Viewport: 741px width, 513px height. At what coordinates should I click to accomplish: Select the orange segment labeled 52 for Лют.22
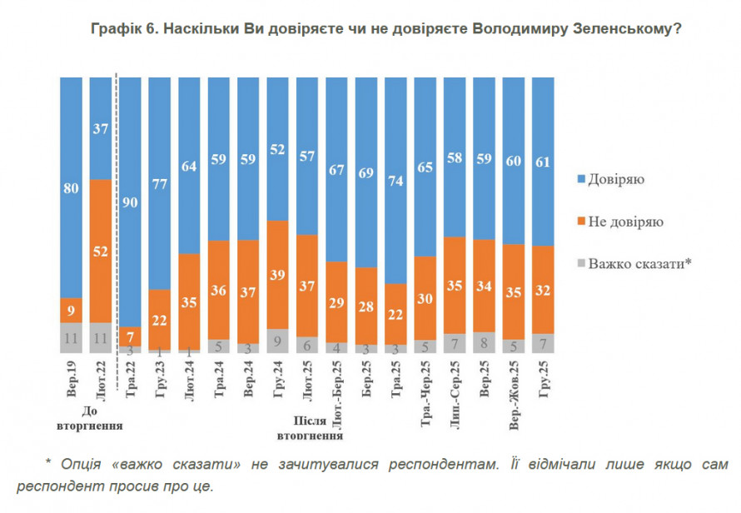101,251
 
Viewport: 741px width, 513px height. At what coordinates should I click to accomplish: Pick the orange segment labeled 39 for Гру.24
278,275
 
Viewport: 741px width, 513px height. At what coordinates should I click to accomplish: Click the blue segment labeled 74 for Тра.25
396,180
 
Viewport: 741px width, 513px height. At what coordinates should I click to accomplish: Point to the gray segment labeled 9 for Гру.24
278,341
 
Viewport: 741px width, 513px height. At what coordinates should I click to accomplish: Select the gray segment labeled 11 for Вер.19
71,338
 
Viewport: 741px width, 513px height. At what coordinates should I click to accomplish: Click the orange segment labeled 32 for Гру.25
543,290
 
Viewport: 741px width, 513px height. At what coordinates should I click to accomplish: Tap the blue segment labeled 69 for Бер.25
366,172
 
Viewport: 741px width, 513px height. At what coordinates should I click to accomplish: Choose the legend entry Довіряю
617,178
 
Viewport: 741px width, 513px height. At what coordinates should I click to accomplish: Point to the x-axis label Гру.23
159,384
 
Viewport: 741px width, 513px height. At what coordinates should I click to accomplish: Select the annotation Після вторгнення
308,427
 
